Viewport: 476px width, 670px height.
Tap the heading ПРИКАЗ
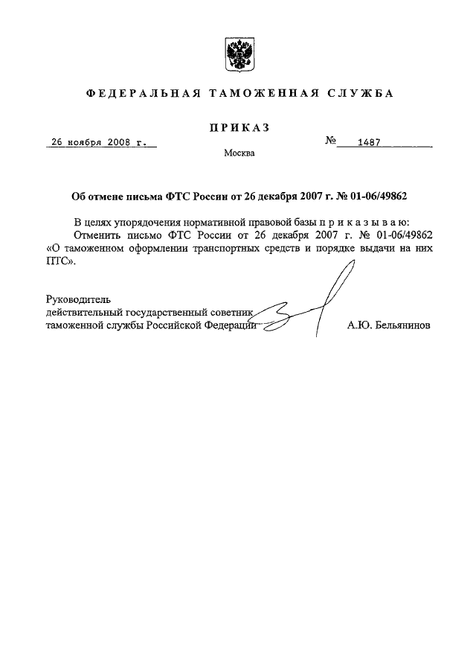pos(239,127)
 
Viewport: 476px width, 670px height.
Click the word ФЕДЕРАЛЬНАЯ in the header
pos(141,95)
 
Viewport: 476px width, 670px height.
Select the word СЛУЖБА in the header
pos(359,95)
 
